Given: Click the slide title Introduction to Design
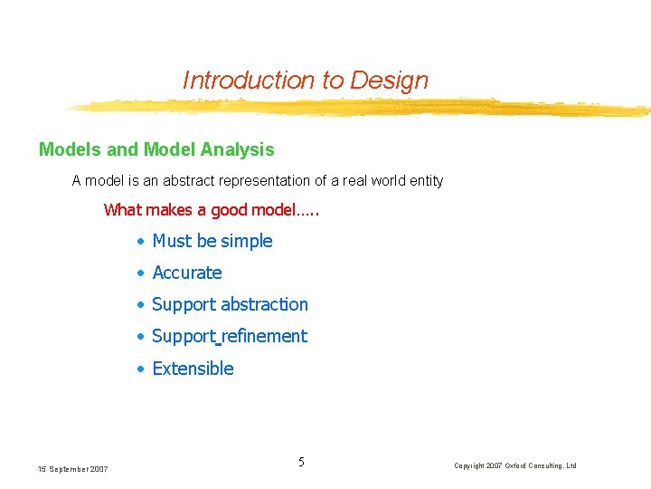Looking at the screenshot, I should (305, 80).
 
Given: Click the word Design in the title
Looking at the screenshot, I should (392, 80).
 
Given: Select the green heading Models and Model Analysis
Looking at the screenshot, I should (156, 149).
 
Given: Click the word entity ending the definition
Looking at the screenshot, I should (426, 180).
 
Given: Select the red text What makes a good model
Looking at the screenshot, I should (212, 210).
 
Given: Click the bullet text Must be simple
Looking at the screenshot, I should (212, 241).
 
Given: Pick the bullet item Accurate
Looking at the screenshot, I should (186, 273).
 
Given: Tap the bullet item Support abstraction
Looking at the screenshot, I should (230, 304).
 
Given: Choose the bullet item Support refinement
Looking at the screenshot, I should (230, 336).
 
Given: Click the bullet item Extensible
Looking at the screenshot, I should (193, 369).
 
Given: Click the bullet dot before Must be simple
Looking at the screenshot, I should (140, 242).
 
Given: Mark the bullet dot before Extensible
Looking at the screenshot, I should (140, 369).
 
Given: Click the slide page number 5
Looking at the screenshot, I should (301, 463).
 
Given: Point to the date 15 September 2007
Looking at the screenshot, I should (72, 468).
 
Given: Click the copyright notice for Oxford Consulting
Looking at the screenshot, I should (514, 465).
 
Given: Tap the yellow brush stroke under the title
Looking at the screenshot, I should (362, 108).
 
